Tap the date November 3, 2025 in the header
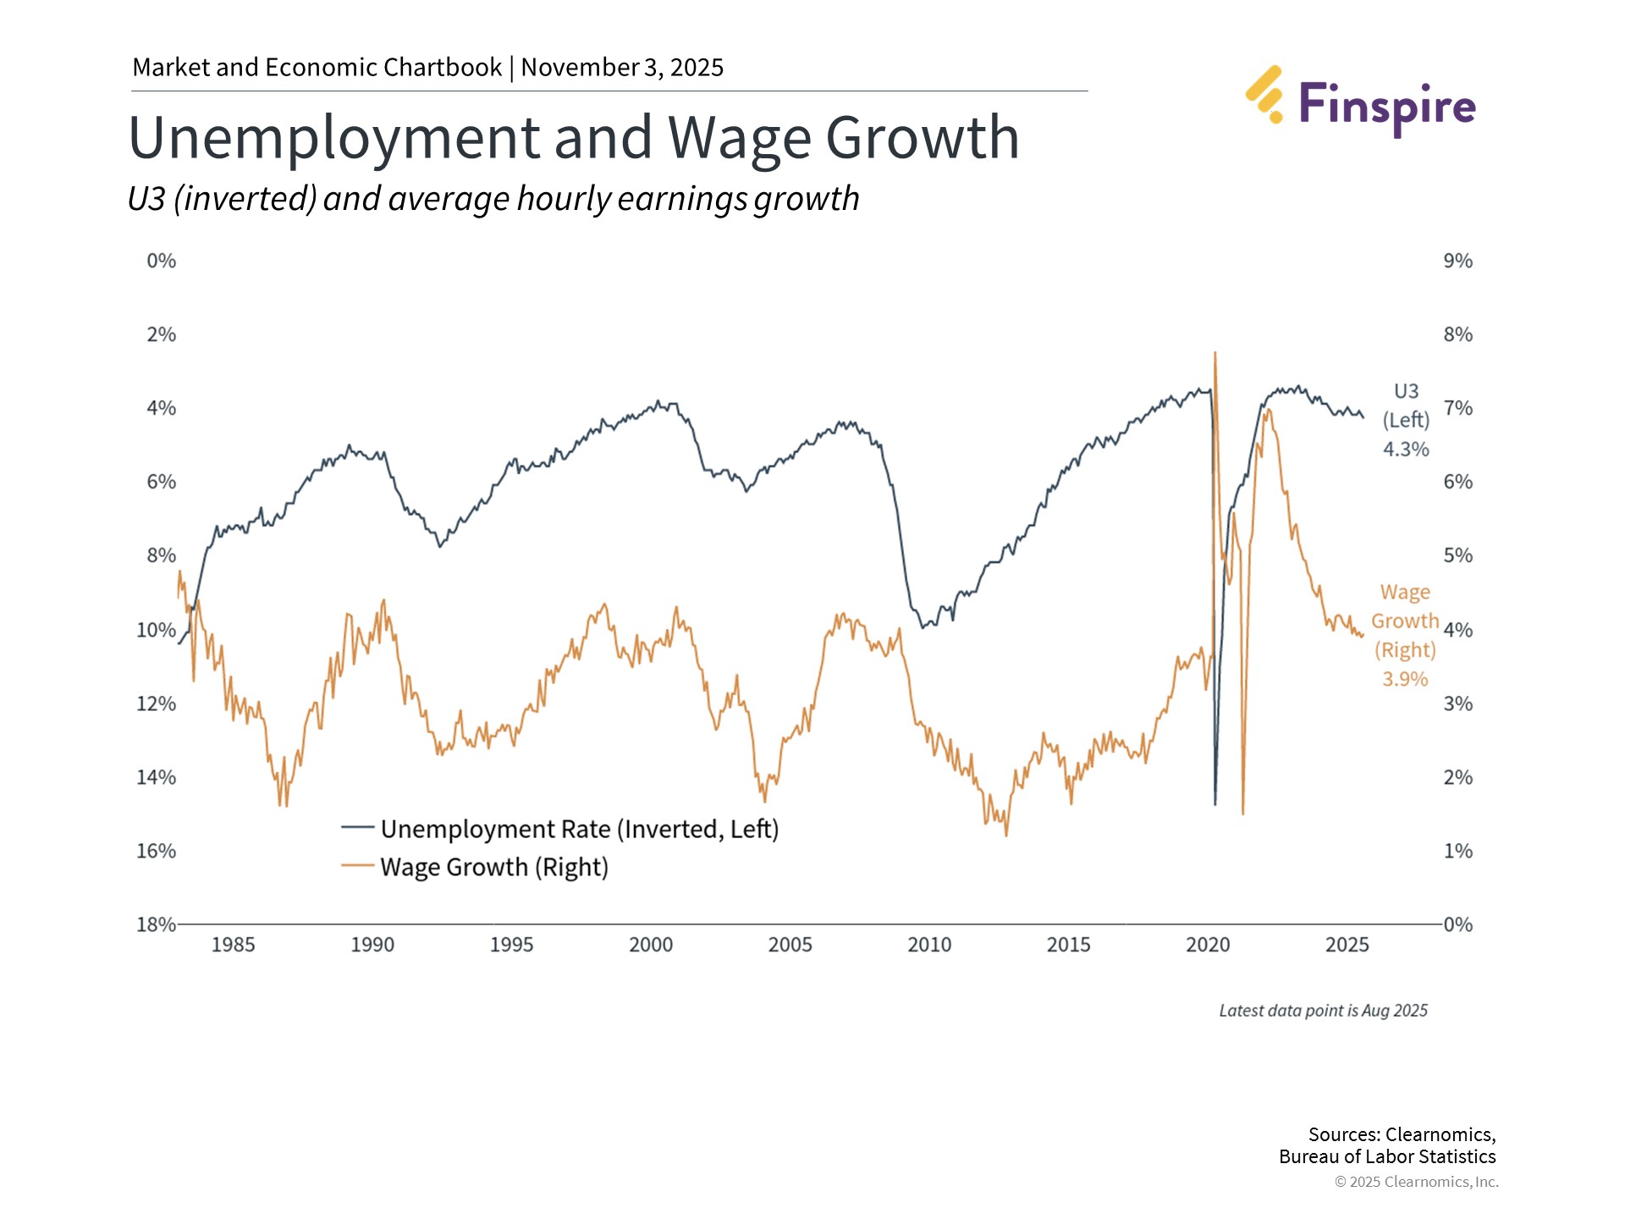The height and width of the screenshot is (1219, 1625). pyautogui.click(x=622, y=67)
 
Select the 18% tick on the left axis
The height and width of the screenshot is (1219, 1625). pyautogui.click(x=156, y=924)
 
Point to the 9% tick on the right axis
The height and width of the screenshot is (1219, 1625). pyautogui.click(x=1457, y=261)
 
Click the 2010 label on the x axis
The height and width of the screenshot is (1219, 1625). pyautogui.click(x=928, y=945)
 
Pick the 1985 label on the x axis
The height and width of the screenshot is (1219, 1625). pyautogui.click(x=233, y=945)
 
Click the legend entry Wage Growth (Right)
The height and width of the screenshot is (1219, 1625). pyautogui.click(x=493, y=867)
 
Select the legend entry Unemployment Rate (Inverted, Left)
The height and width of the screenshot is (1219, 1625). pyautogui.click(x=579, y=829)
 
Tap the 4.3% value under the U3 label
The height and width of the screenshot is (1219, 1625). pyautogui.click(x=1406, y=449)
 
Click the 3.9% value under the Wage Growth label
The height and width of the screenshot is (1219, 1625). pyautogui.click(x=1405, y=679)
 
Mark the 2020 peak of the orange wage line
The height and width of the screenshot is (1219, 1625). pyautogui.click(x=1215, y=354)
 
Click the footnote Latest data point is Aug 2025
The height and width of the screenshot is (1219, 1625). pyautogui.click(x=1323, y=1010)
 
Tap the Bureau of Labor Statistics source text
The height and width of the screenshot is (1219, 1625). pyautogui.click(x=1387, y=1156)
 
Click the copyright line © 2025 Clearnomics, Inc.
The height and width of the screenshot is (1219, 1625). pyautogui.click(x=1416, y=1182)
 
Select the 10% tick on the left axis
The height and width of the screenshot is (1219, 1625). pyautogui.click(x=156, y=630)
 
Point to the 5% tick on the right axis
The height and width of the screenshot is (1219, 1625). pyautogui.click(x=1457, y=555)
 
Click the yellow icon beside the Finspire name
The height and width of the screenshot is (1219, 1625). pyautogui.click(x=1264, y=94)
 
